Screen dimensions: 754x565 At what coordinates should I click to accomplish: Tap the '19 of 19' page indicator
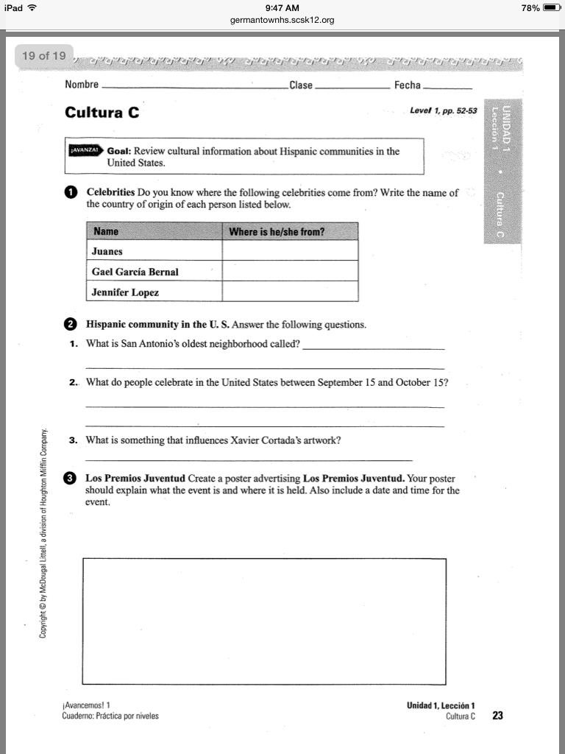pos(44,56)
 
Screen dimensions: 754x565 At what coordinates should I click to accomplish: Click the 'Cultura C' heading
pos(102,113)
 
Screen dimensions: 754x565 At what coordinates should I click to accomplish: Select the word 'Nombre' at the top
pos(82,85)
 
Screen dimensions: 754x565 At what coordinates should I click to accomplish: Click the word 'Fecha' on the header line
pos(407,85)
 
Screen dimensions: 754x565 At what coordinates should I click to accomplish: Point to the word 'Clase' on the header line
pos(301,85)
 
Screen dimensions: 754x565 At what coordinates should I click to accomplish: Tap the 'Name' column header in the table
pos(107,232)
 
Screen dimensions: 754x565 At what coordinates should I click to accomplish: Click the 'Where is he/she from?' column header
pos(277,232)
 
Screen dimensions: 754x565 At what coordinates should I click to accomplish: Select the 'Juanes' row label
pos(107,252)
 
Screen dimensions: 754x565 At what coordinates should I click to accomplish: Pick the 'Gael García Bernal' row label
pos(135,272)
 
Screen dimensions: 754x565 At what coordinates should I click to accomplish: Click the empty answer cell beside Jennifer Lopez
pos(290,292)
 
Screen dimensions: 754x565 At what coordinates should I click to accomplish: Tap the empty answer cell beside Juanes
pos(290,252)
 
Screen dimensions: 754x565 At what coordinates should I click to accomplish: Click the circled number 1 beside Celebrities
pos(71,193)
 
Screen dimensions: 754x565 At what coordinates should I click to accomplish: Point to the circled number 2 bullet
pos(71,324)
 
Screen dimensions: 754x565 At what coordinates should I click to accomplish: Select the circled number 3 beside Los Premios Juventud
pos(71,478)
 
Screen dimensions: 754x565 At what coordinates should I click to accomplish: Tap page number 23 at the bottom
pos(498,715)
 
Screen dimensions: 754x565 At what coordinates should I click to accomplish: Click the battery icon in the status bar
pos(552,7)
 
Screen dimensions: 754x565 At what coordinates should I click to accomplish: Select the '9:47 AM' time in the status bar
pos(282,7)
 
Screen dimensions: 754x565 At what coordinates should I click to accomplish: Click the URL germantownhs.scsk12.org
pos(282,20)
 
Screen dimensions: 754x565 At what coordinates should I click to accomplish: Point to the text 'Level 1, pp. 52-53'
pos(443,111)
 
